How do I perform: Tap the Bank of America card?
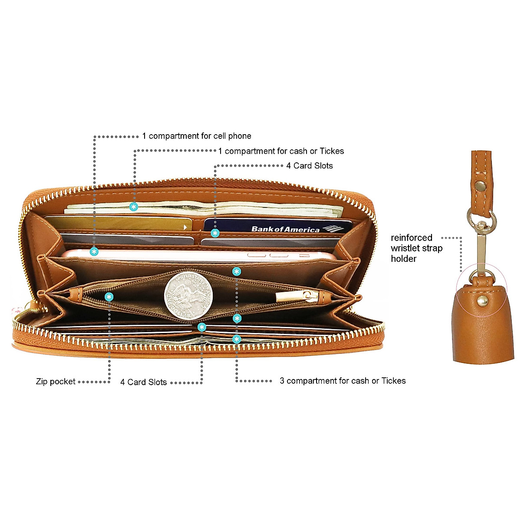pyautogui.click(x=278, y=226)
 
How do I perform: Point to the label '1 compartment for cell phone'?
pyautogui.click(x=197, y=136)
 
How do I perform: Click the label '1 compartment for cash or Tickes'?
pyautogui.click(x=281, y=151)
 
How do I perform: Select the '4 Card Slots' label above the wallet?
pyautogui.click(x=310, y=165)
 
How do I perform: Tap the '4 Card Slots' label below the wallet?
pyautogui.click(x=144, y=382)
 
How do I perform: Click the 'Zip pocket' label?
pyautogui.click(x=56, y=382)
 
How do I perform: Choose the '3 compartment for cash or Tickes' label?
pyautogui.click(x=343, y=381)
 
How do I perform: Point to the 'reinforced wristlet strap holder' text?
pyautogui.click(x=416, y=248)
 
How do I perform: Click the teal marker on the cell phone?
pyautogui.click(x=94, y=251)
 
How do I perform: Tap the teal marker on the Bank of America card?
pyautogui.click(x=214, y=233)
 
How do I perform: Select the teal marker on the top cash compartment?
pyautogui.click(x=134, y=207)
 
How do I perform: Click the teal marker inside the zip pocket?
pyautogui.click(x=109, y=297)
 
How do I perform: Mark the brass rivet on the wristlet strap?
pyautogui.click(x=480, y=186)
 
